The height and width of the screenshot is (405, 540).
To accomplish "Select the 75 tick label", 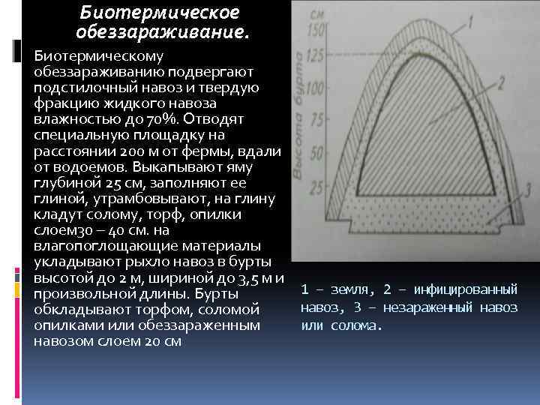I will click(x=315, y=121).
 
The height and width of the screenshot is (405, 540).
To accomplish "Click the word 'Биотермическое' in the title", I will click(x=160, y=13).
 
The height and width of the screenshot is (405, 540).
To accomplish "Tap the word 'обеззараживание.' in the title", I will click(x=163, y=33).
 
